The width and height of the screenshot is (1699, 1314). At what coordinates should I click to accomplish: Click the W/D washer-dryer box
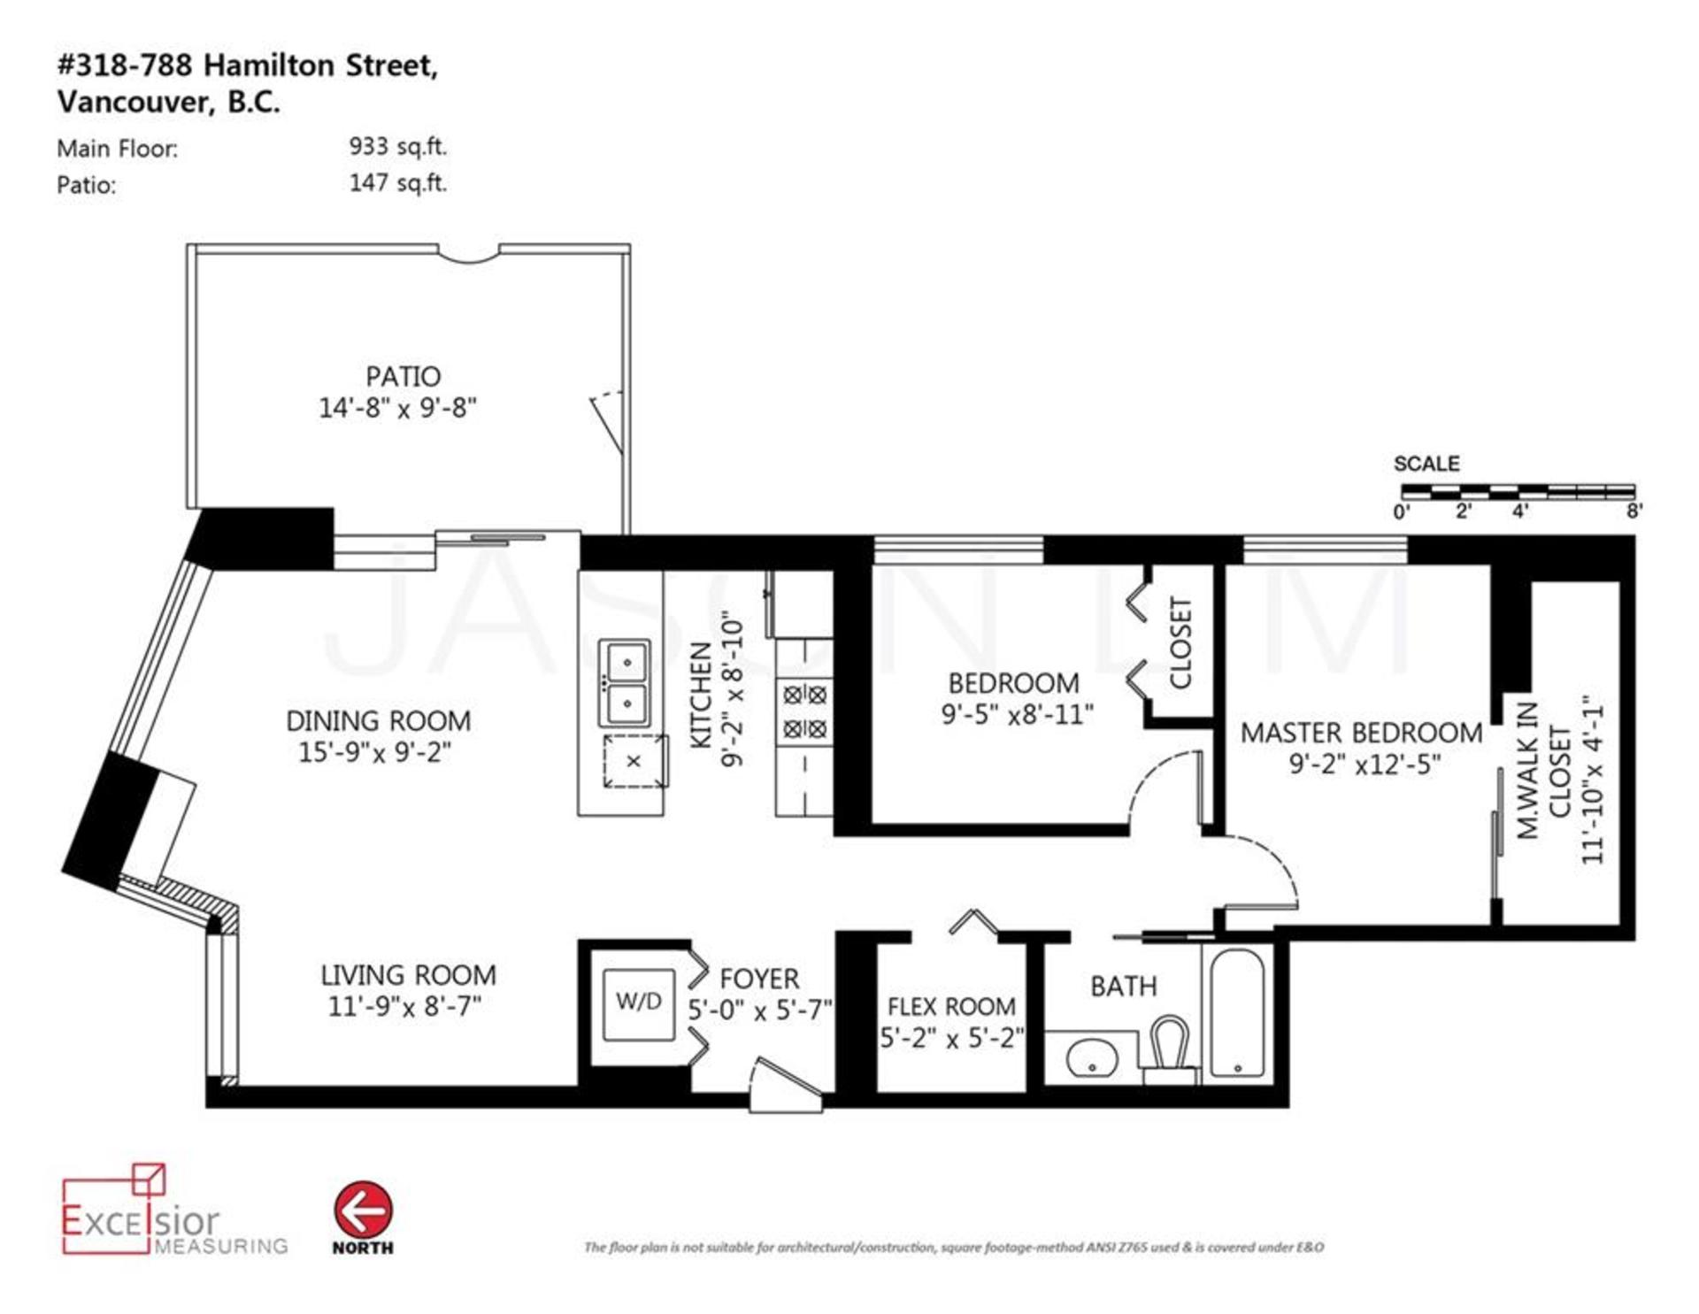point(638,1004)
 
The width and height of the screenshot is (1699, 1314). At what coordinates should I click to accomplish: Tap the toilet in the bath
point(1170,1049)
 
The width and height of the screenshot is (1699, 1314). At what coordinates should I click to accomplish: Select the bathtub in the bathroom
point(1236,1013)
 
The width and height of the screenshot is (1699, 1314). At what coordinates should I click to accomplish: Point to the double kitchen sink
point(625,682)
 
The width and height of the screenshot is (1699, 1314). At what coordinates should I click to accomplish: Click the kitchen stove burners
point(805,711)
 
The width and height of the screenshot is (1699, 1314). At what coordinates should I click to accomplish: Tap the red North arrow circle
point(363,1210)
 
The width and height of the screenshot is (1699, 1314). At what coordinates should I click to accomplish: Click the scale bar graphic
point(1518,491)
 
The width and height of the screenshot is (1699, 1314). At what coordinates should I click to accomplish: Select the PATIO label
point(403,376)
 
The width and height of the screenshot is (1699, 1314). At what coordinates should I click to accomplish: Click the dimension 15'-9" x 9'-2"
point(374,752)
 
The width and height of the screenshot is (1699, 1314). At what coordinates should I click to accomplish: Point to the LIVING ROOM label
point(408,975)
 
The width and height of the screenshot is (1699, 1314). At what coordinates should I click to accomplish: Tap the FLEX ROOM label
point(951,1007)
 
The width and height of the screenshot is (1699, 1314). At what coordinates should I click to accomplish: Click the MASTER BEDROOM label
point(1361,733)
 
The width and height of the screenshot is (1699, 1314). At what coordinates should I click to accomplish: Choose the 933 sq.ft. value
point(397,147)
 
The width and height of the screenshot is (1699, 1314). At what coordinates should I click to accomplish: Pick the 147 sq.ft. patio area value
point(397,183)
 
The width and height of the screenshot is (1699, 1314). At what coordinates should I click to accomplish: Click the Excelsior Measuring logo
point(174,1210)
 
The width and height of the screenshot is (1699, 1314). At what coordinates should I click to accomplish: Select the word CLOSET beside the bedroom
point(1181,642)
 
